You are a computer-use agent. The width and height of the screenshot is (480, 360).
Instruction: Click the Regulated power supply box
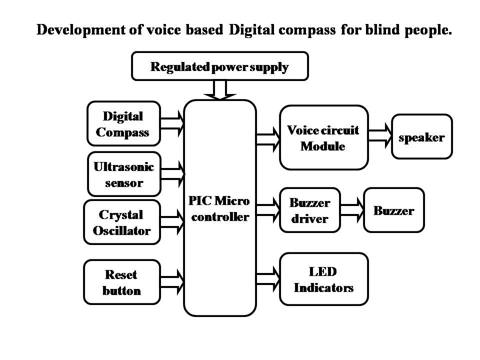219,66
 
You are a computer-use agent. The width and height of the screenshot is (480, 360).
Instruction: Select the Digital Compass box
123,124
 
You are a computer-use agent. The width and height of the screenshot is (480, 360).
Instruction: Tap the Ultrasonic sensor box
124,174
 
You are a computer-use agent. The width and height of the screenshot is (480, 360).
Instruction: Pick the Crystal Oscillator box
121,222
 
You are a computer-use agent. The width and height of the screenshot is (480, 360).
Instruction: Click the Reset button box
121,282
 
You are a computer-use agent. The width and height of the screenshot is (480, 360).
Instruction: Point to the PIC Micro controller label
219,209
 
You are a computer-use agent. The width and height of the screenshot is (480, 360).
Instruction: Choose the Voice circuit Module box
323,138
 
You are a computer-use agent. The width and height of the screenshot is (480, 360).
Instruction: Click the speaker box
421,137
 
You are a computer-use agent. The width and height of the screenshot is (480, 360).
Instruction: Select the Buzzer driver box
309,210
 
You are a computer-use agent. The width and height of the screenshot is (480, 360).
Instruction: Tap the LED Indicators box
323,279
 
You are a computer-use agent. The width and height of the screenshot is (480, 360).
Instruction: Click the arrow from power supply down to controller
220,90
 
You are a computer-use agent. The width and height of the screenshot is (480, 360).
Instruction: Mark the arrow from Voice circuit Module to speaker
379,136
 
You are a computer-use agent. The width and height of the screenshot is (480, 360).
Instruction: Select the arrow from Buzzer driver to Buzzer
351,210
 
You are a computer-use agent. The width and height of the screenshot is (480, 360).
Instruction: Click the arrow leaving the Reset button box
172,281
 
